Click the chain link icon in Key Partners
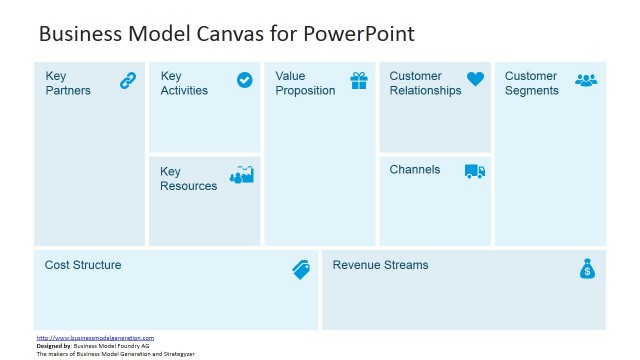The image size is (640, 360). pos(128,81)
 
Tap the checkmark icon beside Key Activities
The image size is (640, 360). pos(245,80)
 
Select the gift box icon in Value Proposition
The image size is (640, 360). pos(359,81)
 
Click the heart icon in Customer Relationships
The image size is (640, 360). pos(475,79)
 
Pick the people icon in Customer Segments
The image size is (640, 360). pos(586,80)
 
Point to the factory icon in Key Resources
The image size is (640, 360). pos(242,175)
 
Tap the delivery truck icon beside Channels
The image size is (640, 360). pos(475,172)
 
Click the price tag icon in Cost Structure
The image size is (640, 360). pos(301,269)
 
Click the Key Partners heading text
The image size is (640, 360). pos(68,83)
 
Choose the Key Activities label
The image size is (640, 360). pos(184,83)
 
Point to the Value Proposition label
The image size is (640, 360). pos(305,83)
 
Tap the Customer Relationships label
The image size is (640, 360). pos(425,83)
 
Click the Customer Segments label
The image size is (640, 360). pos(531,83)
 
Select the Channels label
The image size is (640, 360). pos(414,170)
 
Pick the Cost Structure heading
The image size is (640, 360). pos(83,265)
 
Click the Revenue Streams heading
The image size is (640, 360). pos(380,265)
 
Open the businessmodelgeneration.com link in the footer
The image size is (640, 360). pos(95,338)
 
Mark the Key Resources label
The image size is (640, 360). pos(188,178)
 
